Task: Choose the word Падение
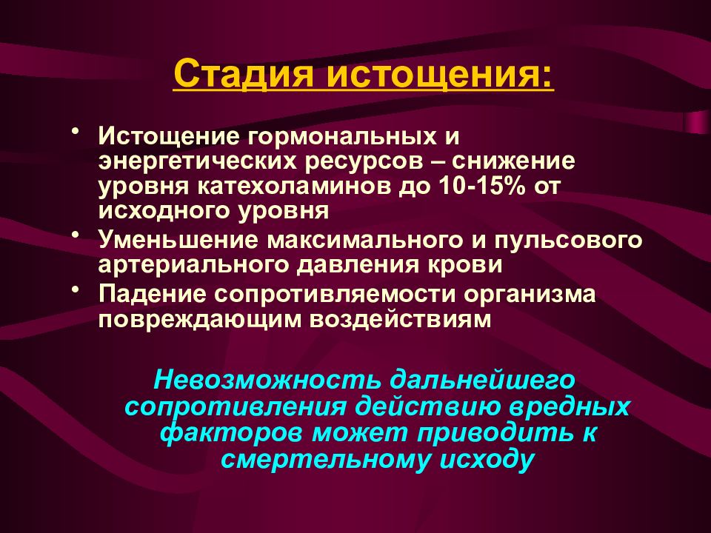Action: point(152,295)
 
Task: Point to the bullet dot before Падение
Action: point(76,288)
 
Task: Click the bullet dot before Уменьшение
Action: point(76,235)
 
